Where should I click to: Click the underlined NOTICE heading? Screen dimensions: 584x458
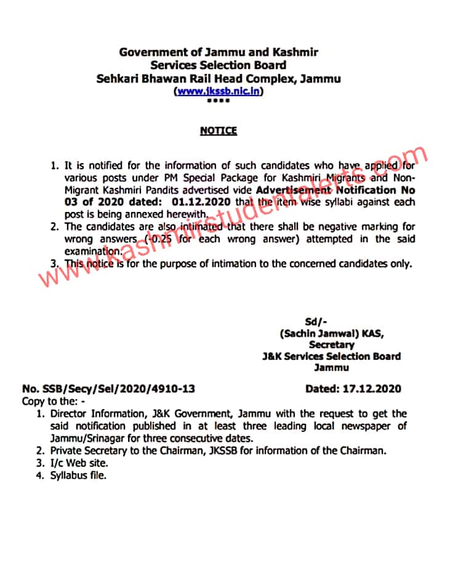(x=218, y=131)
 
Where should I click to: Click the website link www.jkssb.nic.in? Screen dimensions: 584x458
(x=219, y=91)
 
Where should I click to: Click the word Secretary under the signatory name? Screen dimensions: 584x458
(x=331, y=345)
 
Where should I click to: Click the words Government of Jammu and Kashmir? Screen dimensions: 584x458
(x=219, y=52)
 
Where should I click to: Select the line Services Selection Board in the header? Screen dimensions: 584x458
(x=219, y=65)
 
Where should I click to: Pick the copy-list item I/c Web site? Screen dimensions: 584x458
(x=79, y=463)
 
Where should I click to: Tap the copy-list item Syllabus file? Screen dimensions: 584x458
(x=78, y=475)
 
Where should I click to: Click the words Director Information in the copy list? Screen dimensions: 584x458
(x=93, y=413)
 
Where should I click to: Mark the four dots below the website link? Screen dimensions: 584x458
(x=218, y=100)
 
